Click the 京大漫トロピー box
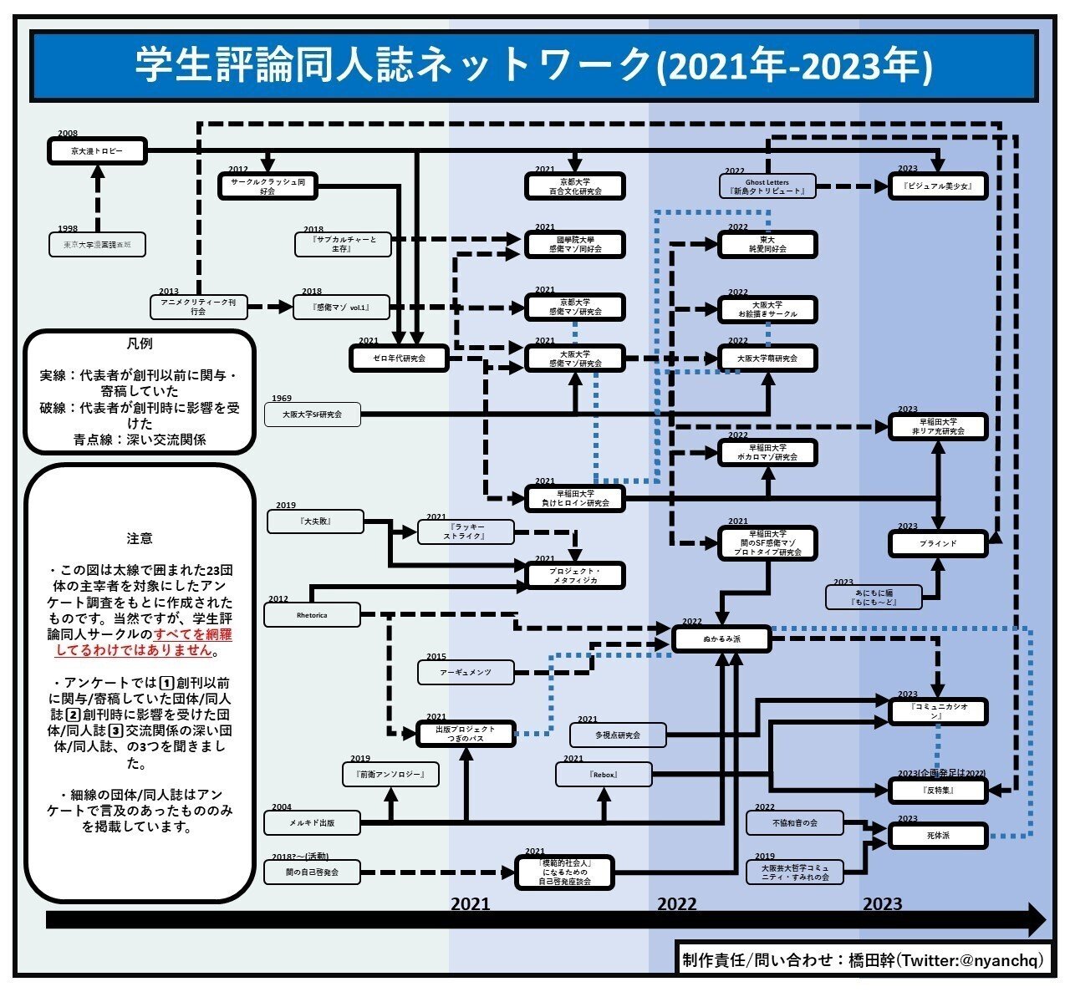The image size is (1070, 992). click(97, 151)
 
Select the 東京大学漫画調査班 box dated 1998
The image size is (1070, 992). click(97, 245)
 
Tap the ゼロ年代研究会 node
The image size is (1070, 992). click(399, 359)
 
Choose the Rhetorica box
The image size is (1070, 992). click(312, 615)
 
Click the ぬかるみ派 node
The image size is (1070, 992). click(721, 640)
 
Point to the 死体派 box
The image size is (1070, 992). click(937, 835)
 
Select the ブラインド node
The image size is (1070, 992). click(937, 543)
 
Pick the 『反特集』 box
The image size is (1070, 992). click(937, 790)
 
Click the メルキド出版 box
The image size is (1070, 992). click(312, 823)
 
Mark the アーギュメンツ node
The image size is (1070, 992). click(466, 673)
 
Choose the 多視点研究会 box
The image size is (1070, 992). click(618, 735)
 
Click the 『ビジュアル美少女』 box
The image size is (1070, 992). click(937, 186)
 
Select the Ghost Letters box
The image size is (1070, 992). click(767, 186)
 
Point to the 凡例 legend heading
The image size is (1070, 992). click(140, 344)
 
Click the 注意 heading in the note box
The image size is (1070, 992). click(140, 538)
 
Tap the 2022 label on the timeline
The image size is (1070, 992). click(676, 904)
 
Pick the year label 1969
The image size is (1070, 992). click(282, 399)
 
